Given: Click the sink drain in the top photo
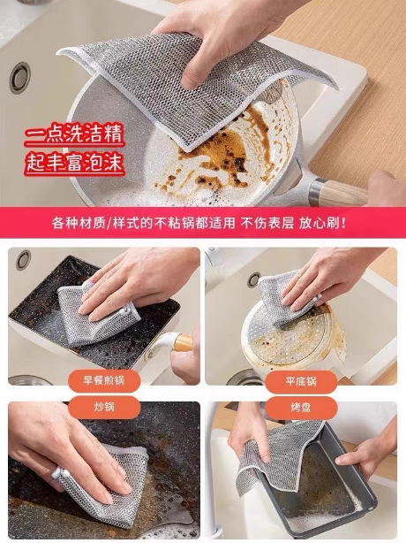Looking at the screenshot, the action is click(20, 78).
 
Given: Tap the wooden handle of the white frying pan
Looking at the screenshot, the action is click(345, 192).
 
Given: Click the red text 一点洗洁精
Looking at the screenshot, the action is click(74, 134).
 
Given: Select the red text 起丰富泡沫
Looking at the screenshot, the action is click(74, 163).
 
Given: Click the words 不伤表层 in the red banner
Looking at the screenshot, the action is click(267, 223).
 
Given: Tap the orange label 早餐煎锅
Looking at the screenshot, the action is click(104, 380).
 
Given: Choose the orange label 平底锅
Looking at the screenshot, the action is click(301, 382).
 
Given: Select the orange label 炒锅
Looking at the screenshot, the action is click(104, 407).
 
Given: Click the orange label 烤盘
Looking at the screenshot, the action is click(301, 408).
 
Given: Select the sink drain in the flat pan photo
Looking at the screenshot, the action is click(254, 279).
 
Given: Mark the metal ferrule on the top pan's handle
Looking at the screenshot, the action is click(316, 191).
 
